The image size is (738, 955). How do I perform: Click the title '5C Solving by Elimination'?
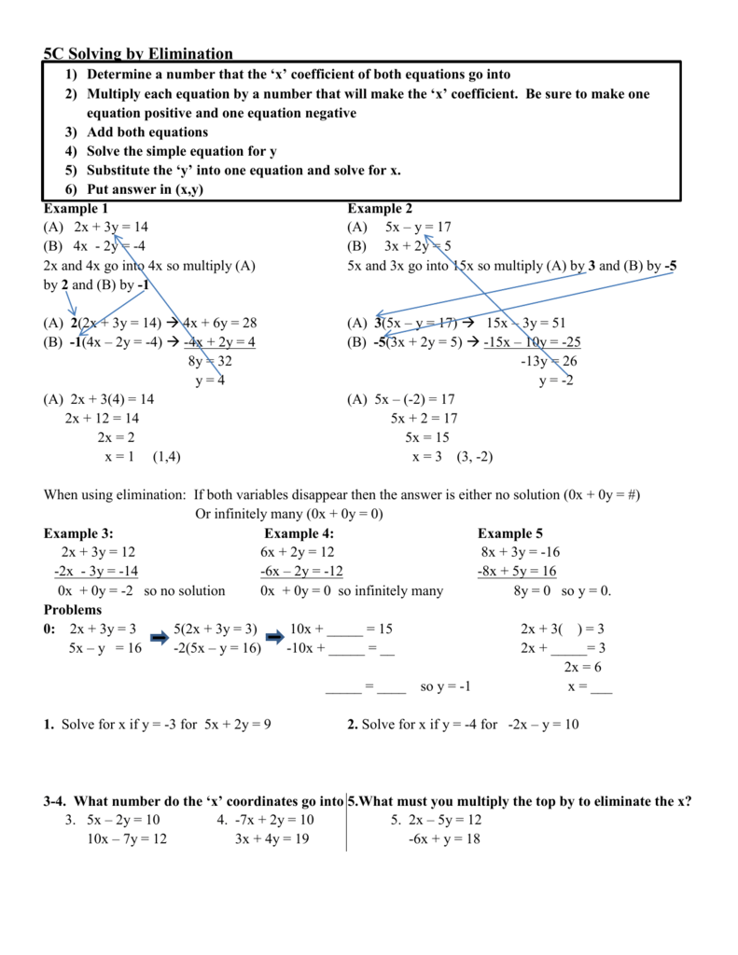[138, 54]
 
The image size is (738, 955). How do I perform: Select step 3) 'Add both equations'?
[147, 131]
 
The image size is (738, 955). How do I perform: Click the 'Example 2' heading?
[380, 208]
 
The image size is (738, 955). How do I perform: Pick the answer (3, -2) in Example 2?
[475, 456]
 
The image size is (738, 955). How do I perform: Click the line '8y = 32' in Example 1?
[210, 361]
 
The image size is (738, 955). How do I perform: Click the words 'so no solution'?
[185, 590]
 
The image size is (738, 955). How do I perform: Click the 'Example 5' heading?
[510, 533]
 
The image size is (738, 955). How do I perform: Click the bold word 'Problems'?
[73, 609]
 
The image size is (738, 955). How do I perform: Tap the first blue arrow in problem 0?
[159, 638]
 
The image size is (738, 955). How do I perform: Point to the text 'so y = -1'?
[445, 686]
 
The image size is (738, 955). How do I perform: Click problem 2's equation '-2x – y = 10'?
[544, 724]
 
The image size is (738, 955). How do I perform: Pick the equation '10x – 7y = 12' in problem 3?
[114, 838]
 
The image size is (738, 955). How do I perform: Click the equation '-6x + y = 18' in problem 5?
[443, 838]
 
